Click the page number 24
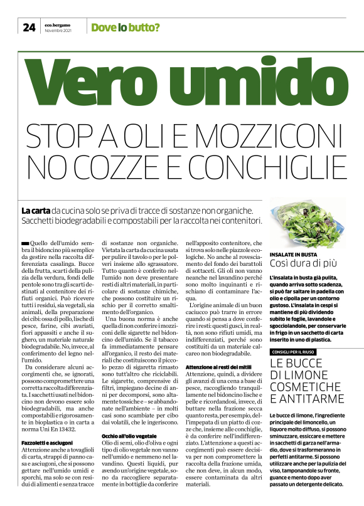click(29, 27)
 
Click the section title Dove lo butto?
click(125, 28)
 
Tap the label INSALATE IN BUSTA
click(292, 255)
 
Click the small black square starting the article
click(24, 242)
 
